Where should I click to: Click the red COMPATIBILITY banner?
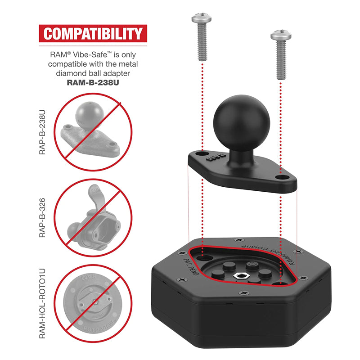(92, 34)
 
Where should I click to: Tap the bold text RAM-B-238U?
(92, 82)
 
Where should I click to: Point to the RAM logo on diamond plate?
(214, 158)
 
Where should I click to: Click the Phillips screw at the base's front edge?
(245, 293)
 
